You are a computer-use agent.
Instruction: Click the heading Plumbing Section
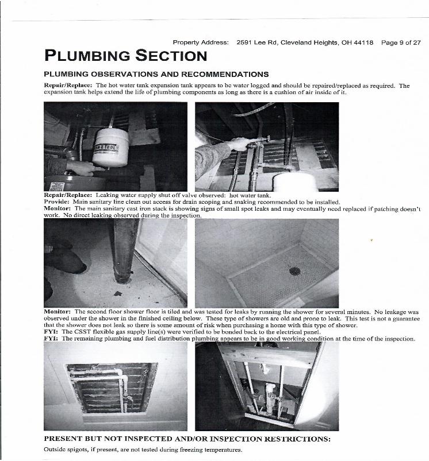click(x=125, y=56)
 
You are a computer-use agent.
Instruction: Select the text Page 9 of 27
click(x=401, y=42)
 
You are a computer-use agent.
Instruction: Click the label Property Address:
click(x=201, y=42)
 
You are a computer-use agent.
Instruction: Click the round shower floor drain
click(x=295, y=271)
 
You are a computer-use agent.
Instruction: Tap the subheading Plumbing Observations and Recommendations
click(x=156, y=74)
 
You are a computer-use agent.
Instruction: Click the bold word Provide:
click(x=57, y=202)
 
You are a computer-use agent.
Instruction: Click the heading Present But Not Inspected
click(x=187, y=439)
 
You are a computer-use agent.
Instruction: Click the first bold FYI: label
click(x=51, y=332)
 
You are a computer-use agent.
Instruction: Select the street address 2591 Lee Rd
click(x=256, y=42)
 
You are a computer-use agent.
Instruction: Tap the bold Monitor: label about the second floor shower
click(x=58, y=311)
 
